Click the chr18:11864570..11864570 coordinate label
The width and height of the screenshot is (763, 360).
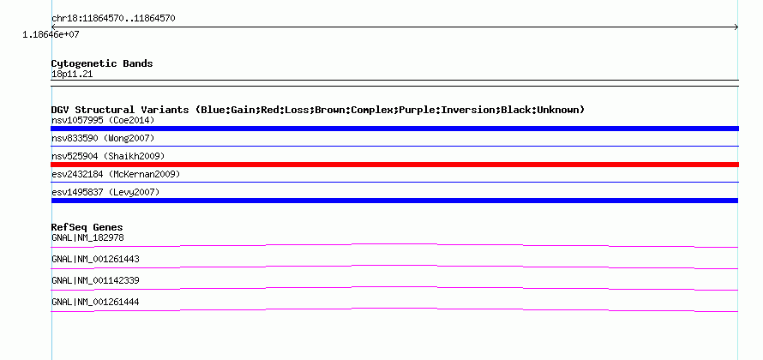point(113,19)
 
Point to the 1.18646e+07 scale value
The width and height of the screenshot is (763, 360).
point(51,34)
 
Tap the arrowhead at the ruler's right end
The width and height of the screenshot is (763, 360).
point(736,27)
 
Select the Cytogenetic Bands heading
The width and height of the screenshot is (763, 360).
point(102,63)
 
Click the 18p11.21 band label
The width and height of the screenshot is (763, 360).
point(72,75)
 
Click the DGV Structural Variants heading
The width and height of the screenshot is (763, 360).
point(318,110)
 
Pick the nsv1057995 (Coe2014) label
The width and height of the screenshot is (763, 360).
point(103,120)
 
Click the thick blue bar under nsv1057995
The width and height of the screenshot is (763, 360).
point(394,129)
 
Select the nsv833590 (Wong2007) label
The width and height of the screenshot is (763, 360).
point(103,139)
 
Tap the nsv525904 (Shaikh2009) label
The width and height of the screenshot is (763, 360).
point(108,156)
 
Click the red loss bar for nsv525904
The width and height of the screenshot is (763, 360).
point(394,165)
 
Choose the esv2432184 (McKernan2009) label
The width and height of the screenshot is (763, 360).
point(116,174)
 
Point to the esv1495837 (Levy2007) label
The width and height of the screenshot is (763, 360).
point(105,192)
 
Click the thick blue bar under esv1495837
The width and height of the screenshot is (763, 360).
point(394,201)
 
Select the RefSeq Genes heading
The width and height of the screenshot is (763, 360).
point(87,227)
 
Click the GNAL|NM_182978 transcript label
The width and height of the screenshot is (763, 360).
point(87,238)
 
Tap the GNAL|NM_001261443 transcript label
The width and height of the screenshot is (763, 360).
point(95,260)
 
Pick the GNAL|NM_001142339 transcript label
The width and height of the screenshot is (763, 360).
point(95,280)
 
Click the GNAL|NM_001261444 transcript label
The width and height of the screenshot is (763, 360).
point(95,302)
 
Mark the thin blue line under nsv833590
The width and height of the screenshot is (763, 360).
point(394,146)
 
